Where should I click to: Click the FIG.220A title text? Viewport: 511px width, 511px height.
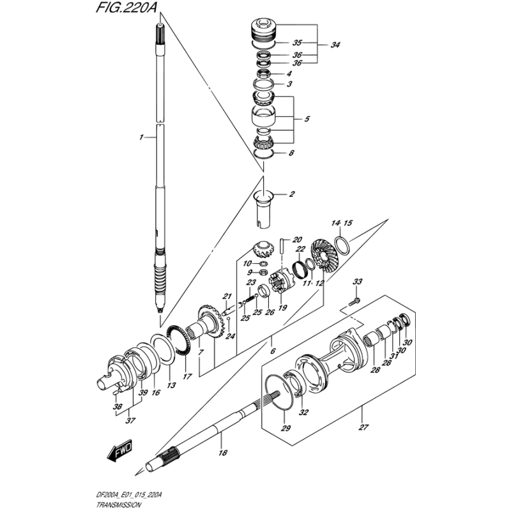point(126,8)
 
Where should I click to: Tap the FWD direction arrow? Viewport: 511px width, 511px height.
point(120,451)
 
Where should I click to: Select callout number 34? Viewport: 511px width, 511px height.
point(335,45)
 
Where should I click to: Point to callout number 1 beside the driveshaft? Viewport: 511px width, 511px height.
point(141,137)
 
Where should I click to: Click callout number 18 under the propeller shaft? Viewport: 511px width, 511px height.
point(223,453)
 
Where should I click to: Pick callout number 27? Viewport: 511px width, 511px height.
point(363,427)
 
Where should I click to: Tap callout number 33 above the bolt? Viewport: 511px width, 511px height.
point(357,282)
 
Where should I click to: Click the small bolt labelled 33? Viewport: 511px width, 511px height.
point(355,301)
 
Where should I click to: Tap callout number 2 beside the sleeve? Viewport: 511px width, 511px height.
point(291,194)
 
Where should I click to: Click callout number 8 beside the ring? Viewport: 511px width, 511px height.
point(291,153)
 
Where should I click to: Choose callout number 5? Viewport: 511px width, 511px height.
point(307,119)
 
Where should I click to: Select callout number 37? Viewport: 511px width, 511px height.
point(130,421)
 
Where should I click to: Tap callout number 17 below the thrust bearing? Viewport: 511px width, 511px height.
point(187,377)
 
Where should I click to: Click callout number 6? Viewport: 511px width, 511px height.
point(273,351)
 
